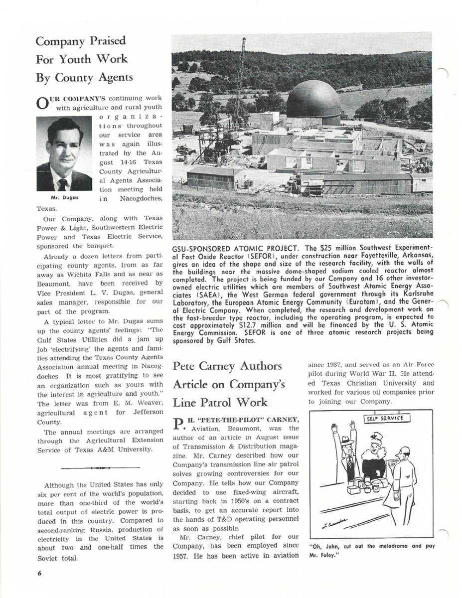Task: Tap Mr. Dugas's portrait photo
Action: (64, 154)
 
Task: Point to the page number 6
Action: (39, 573)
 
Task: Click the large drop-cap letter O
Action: (43, 104)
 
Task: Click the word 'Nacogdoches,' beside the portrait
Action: (142, 199)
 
